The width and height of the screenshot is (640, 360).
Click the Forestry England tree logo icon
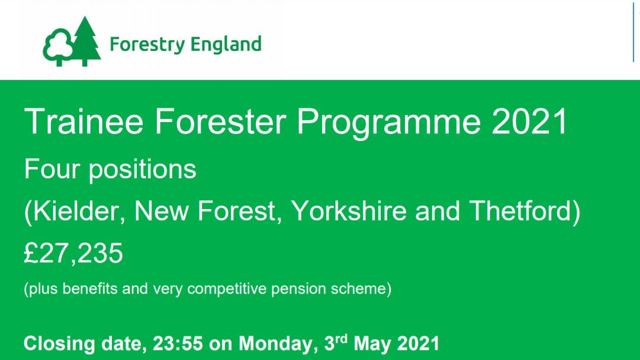pyautogui.click(x=71, y=42)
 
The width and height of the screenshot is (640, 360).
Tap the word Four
pyautogui.click(x=52, y=170)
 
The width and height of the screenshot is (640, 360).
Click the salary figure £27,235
pyautogui.click(x=73, y=254)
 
